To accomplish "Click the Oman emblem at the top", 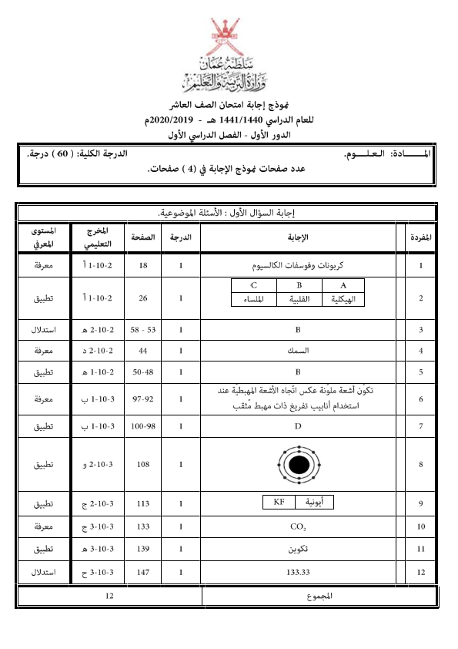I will coord(228,35).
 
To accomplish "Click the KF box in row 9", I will coord(279,503).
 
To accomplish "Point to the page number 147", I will coord(142,572).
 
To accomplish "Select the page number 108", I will coord(142,465).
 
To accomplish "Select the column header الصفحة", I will coord(142,237).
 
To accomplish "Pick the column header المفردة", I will coord(420,237).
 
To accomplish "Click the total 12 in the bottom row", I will coord(109,596).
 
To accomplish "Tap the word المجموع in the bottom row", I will coord(319,596).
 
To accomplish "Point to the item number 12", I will coord(420,572).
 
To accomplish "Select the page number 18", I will coord(142,266).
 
